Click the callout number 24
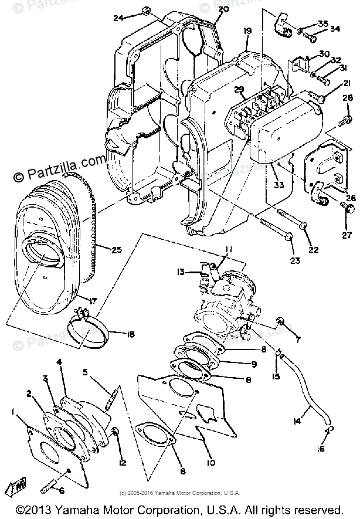click(118, 18)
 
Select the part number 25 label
click(117, 250)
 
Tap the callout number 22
click(314, 250)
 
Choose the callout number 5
click(85, 372)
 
